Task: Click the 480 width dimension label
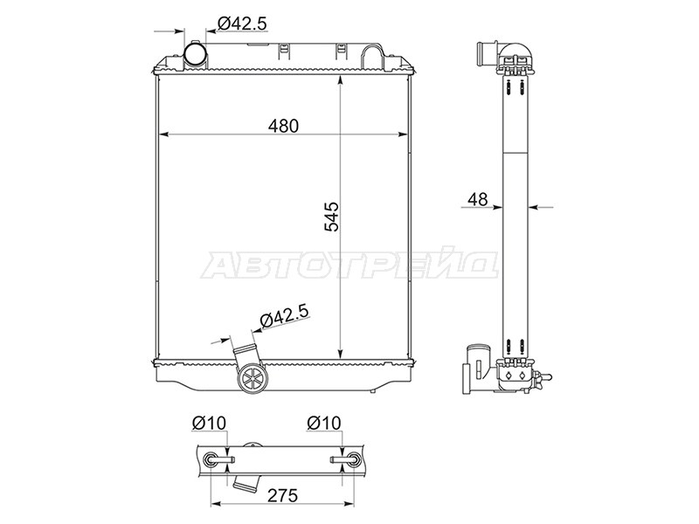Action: (283, 126)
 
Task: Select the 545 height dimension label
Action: (331, 217)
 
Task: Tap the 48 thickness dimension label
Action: (477, 199)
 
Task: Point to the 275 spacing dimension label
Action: (282, 495)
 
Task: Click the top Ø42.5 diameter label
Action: (243, 24)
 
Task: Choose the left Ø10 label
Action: (209, 423)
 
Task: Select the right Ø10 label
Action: (323, 423)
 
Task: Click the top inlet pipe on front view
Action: (196, 54)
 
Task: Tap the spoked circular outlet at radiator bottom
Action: (254, 378)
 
